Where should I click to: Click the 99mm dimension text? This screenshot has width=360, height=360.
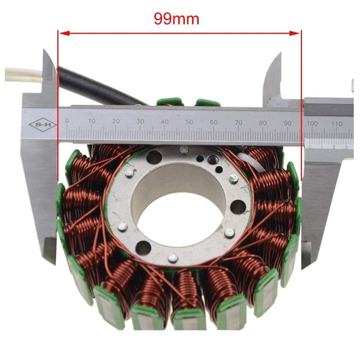click(x=176, y=19)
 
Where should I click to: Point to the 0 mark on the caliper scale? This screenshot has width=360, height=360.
click(x=66, y=121)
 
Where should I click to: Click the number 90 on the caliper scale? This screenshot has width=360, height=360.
click(x=287, y=122)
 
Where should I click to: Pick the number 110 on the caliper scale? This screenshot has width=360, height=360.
click(x=338, y=124)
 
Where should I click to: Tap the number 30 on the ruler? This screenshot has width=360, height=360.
click(x=140, y=122)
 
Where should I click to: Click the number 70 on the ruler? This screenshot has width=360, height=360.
click(x=238, y=122)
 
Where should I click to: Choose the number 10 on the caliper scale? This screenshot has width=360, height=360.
click(x=91, y=122)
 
